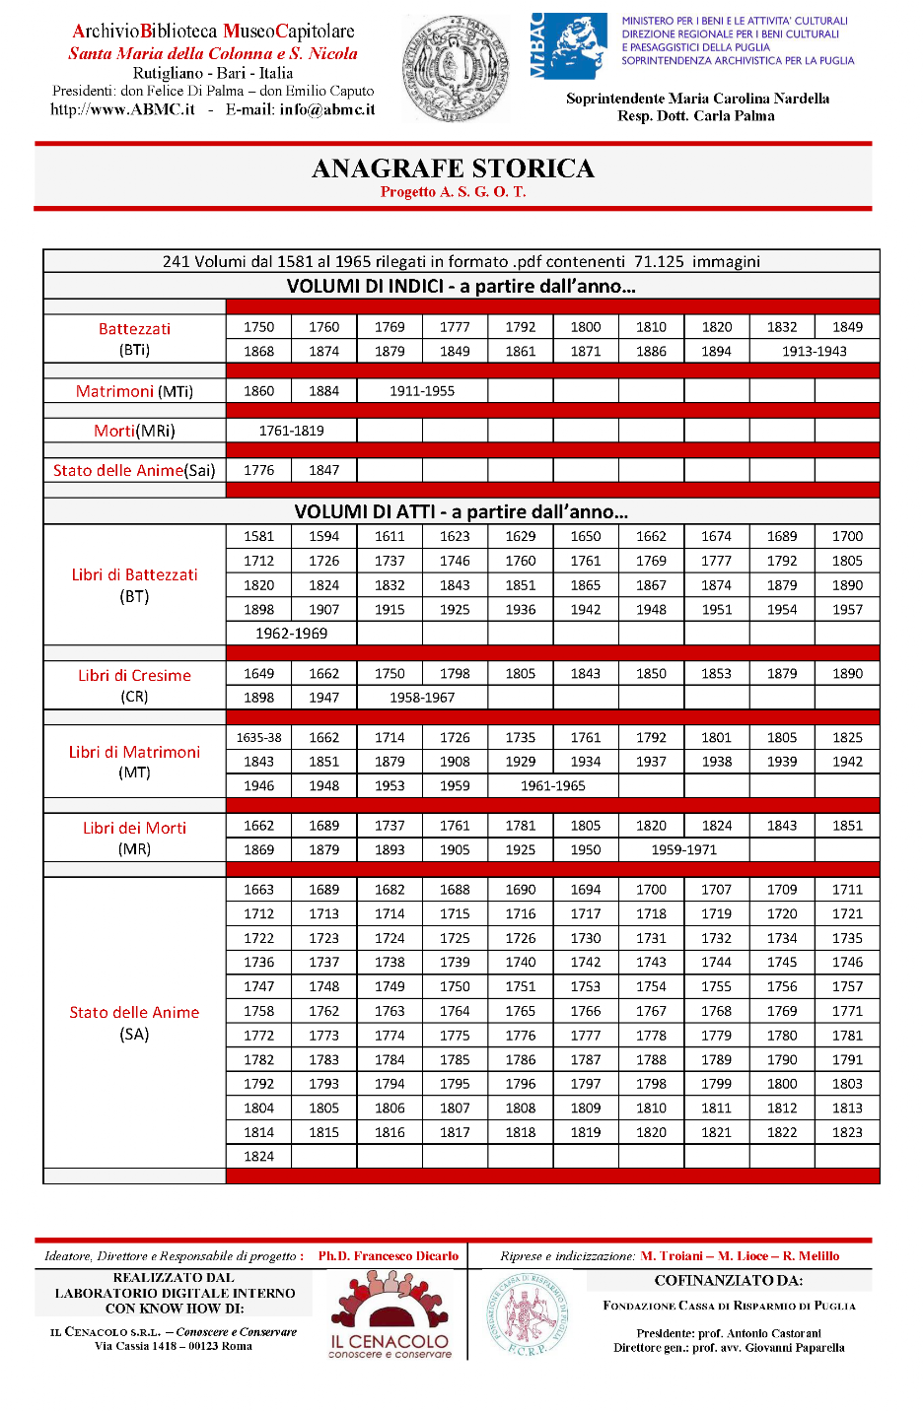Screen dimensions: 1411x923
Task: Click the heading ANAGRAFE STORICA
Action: tap(453, 168)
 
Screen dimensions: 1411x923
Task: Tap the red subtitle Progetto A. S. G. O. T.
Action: tap(453, 192)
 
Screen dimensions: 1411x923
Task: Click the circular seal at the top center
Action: tap(456, 69)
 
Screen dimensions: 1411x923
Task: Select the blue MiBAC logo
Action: tap(569, 46)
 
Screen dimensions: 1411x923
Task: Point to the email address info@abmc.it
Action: tap(326, 110)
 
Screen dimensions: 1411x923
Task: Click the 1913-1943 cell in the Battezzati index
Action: tap(814, 352)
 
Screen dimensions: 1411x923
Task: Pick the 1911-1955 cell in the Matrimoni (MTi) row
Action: tap(421, 391)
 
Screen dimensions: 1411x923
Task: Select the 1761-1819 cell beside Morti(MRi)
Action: tap(291, 431)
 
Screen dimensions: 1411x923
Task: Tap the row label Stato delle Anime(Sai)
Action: tap(134, 471)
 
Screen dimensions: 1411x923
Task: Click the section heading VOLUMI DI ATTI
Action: tap(461, 511)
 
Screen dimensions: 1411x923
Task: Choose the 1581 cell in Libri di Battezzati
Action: tap(258, 537)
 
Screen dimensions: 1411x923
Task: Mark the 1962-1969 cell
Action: tap(291, 634)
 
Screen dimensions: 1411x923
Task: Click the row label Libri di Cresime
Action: tap(134, 676)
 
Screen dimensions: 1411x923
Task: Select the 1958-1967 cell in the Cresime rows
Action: tap(421, 698)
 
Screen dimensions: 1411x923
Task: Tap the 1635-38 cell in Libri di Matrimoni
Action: tap(258, 738)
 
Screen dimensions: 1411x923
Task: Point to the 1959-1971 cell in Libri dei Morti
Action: tap(683, 850)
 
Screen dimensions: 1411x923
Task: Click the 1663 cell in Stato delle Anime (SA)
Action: tap(258, 890)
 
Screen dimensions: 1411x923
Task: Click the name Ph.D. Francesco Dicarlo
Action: tap(388, 1256)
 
